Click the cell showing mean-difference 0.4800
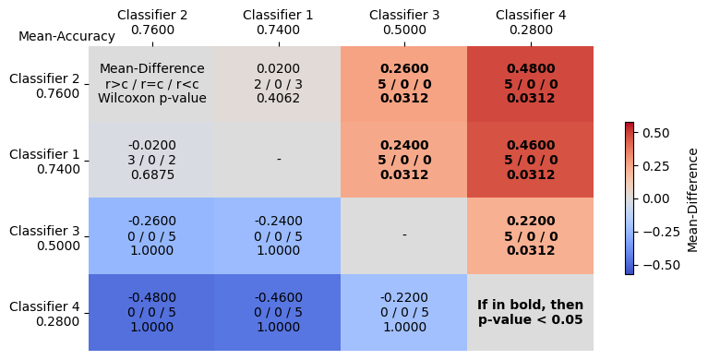tap(530, 83)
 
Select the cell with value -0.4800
tap(151, 312)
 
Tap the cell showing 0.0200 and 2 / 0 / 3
tap(278, 83)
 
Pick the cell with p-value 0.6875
tap(151, 160)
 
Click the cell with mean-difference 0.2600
tap(404, 83)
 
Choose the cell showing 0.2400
tap(404, 160)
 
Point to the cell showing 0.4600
tap(530, 160)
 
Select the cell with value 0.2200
tap(530, 235)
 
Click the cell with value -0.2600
tap(151, 235)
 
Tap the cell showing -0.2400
tap(278, 235)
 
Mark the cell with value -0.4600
tap(278, 312)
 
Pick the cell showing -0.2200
tap(404, 312)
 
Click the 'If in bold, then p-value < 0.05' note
tap(530, 312)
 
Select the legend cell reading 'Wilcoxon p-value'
tap(151, 98)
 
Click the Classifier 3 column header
tap(404, 22)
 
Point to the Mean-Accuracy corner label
tap(66, 37)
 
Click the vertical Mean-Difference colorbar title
tap(692, 198)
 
